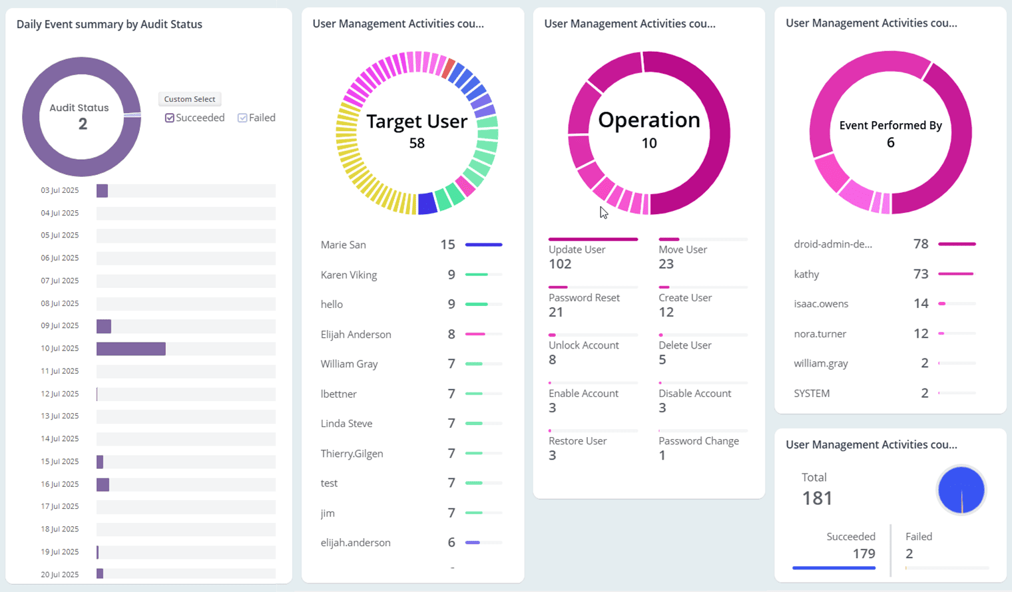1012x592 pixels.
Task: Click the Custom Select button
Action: click(x=190, y=99)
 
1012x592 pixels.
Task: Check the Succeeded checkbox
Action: click(x=170, y=118)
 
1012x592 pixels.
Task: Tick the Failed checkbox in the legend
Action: click(x=242, y=118)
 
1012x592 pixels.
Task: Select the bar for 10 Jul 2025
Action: click(x=131, y=349)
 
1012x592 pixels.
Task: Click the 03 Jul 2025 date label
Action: click(x=60, y=190)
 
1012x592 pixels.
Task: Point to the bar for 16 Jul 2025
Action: click(x=103, y=484)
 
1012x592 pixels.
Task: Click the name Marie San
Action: click(x=343, y=245)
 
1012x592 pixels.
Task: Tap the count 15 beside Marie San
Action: click(x=447, y=245)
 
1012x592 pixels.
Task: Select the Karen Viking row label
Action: click(x=348, y=275)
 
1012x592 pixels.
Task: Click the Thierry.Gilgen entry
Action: click(x=352, y=454)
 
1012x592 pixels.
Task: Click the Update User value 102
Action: click(x=560, y=264)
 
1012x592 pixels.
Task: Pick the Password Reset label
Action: click(x=584, y=297)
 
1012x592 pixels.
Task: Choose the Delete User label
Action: click(x=684, y=345)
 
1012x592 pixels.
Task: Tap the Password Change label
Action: click(x=698, y=441)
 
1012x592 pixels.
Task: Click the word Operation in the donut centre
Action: click(x=648, y=120)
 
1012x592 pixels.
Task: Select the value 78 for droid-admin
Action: click(x=921, y=244)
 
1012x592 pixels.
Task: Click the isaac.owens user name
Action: click(x=821, y=304)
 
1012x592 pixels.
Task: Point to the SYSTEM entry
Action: click(x=812, y=393)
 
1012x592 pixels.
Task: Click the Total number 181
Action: click(x=817, y=498)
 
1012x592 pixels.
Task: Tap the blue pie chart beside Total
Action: click(x=961, y=490)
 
